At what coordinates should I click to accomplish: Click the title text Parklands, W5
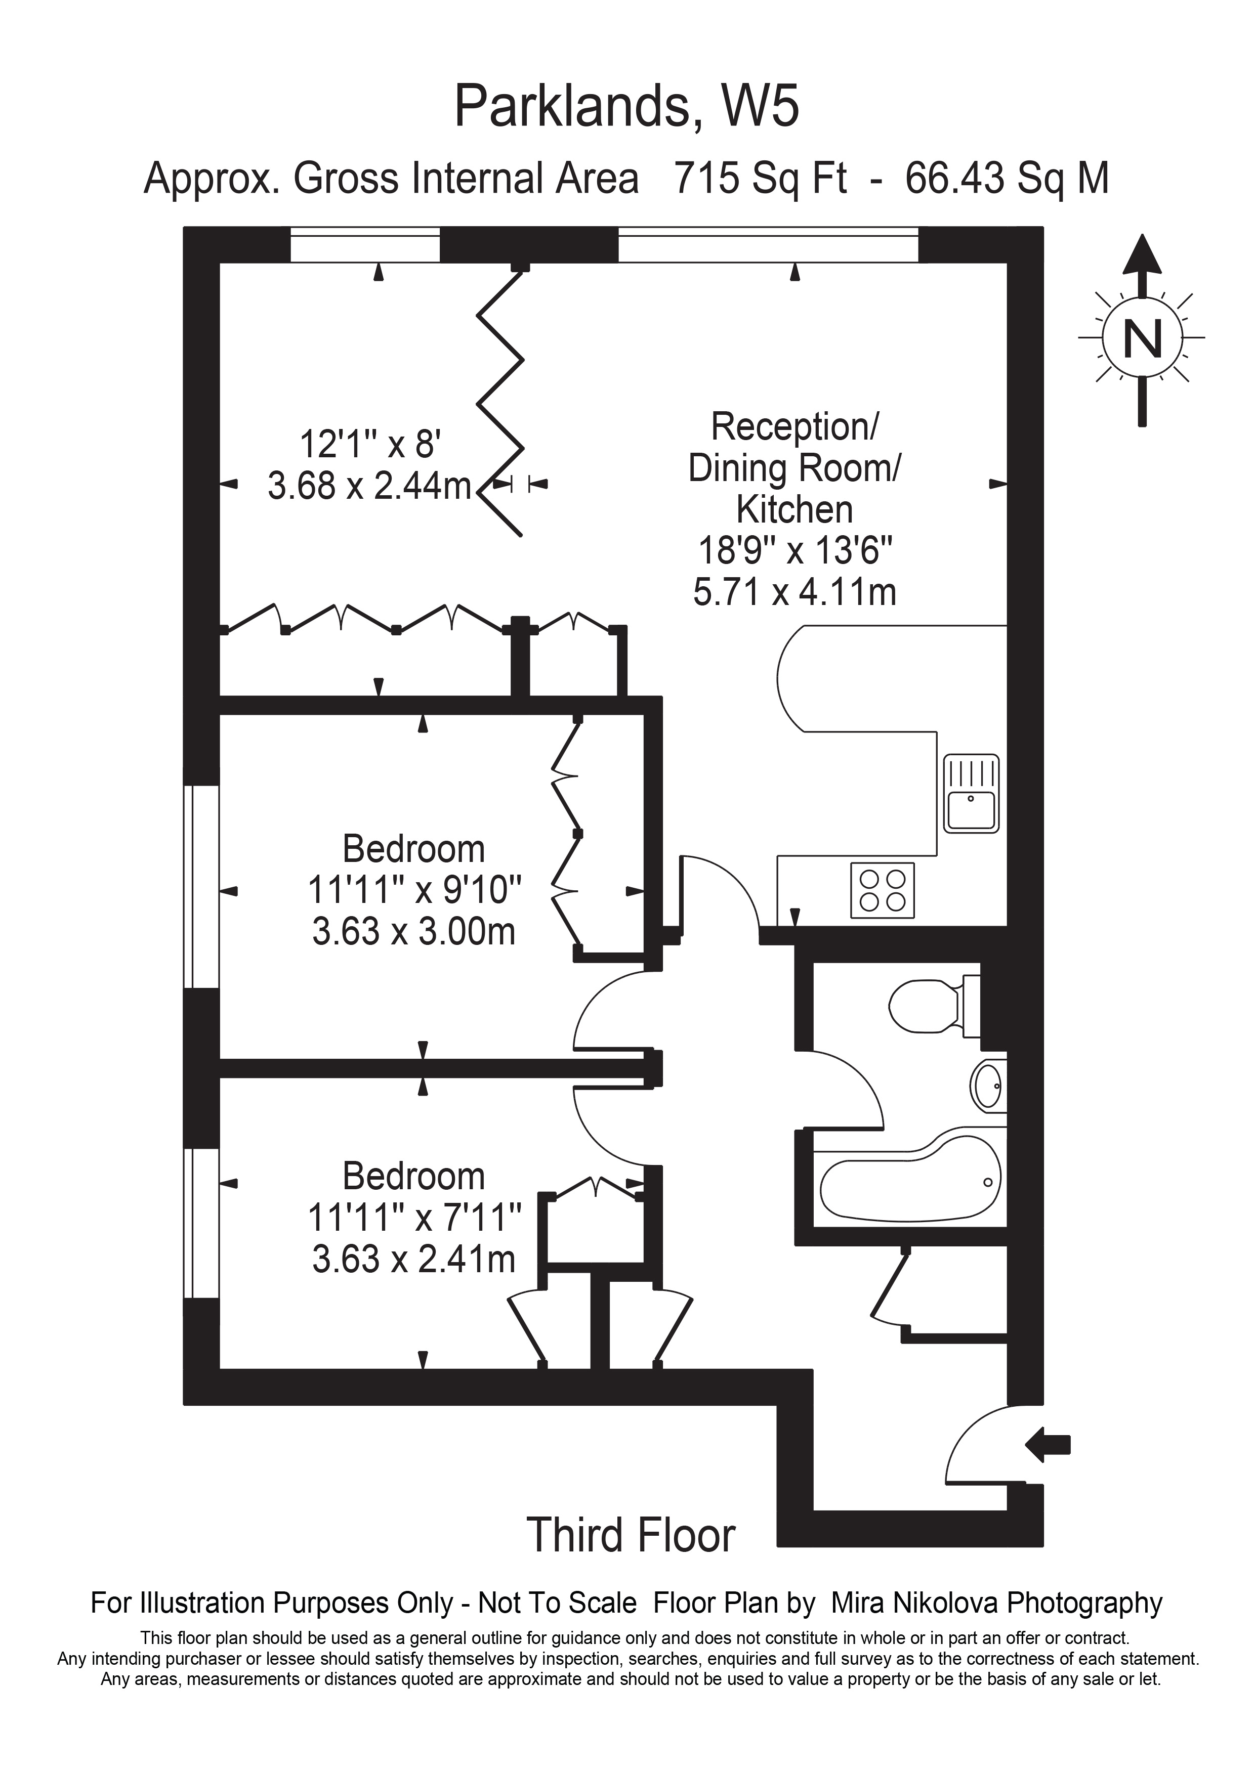[x=626, y=107]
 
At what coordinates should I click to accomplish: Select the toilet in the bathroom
[x=934, y=1006]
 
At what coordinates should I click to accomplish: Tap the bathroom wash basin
[x=989, y=1086]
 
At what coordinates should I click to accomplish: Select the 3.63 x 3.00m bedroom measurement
[x=413, y=931]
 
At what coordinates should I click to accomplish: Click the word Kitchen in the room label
[x=794, y=510]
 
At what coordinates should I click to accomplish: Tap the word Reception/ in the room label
[x=794, y=426]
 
